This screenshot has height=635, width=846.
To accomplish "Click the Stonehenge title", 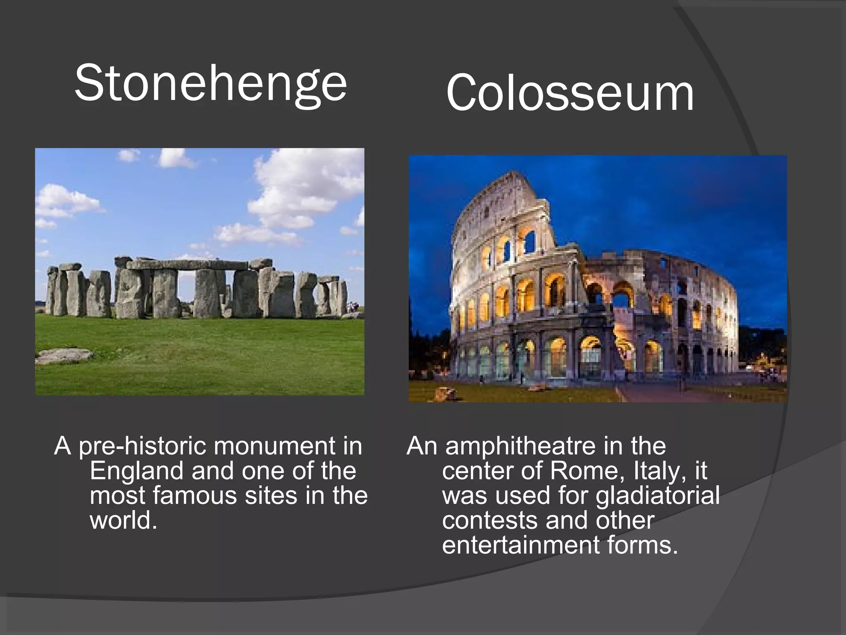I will [x=211, y=84].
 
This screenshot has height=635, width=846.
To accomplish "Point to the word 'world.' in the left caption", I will [x=124, y=520].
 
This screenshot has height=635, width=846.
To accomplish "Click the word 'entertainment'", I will [x=520, y=545].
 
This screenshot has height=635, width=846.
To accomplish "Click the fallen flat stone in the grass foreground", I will [x=64, y=355].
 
